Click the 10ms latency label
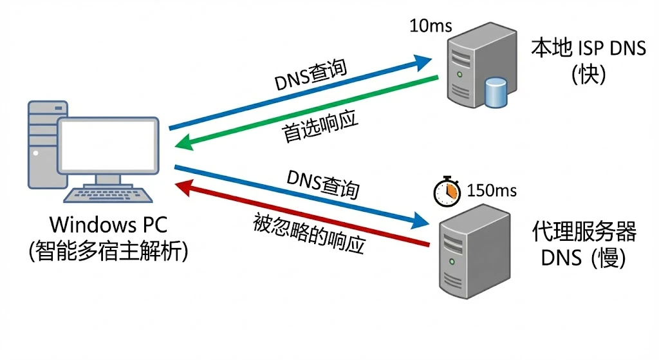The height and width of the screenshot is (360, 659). tap(431, 26)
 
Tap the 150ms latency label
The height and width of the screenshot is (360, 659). tap(491, 191)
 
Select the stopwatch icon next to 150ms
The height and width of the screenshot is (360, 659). tap(447, 191)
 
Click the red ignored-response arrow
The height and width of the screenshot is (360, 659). tap(302, 214)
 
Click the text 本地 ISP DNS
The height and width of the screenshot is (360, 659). tap(588, 48)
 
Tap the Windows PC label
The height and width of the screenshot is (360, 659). tap(109, 225)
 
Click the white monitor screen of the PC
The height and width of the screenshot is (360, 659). tap(107, 146)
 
